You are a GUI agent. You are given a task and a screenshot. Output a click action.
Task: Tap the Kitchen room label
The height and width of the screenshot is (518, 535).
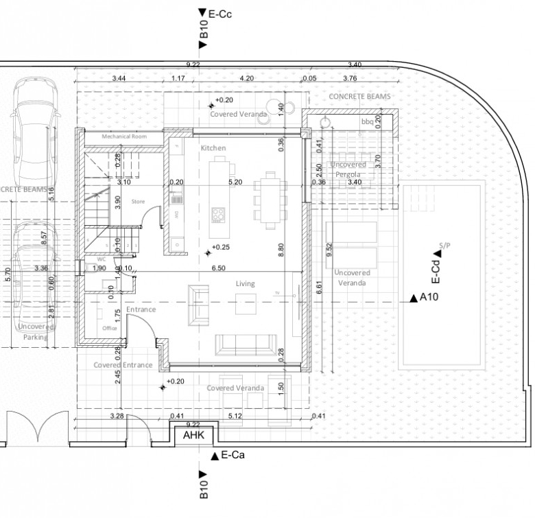[x=213, y=148]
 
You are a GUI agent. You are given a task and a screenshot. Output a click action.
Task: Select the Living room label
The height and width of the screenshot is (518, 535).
[x=245, y=283]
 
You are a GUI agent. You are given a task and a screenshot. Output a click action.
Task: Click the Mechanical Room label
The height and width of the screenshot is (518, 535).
[x=125, y=137]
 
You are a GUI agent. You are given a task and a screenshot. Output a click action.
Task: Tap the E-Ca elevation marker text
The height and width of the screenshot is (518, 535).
[x=233, y=455]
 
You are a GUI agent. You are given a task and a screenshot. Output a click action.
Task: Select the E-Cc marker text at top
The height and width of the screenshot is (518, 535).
[x=220, y=13]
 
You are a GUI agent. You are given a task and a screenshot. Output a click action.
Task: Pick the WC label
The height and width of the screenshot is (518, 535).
[x=101, y=259]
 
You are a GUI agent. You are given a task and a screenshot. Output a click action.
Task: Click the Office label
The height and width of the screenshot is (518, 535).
[x=110, y=328]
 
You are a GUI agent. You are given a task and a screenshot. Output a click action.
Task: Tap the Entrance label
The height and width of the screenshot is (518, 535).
[x=141, y=309]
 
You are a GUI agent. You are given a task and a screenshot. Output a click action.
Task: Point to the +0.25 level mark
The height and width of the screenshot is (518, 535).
[x=221, y=247]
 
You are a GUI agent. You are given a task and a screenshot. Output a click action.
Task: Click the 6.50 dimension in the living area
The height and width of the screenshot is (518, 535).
[x=219, y=268]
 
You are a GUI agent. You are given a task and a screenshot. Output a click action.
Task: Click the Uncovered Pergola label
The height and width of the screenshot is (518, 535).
[x=348, y=169]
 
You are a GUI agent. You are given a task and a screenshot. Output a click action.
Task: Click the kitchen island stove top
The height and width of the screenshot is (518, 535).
[x=219, y=215]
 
